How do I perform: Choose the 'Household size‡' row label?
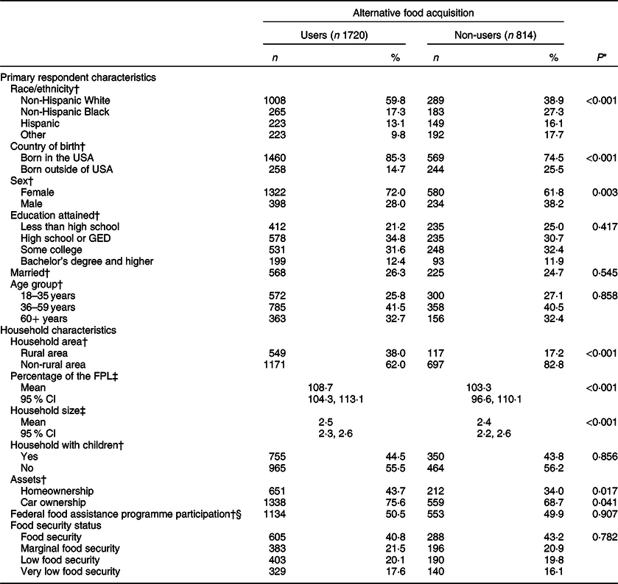(41, 413)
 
